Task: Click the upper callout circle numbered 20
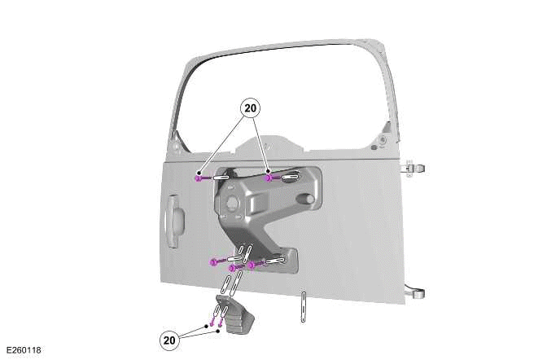coord(250,108)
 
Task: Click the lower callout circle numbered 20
coord(169,340)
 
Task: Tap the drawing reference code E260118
coord(24,350)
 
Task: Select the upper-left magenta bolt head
coord(198,178)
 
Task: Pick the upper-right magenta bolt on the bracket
coord(269,178)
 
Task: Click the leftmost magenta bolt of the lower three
coord(214,262)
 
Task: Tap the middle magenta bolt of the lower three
coord(232,268)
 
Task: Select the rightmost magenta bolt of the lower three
coord(252,266)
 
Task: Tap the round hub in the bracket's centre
coord(232,204)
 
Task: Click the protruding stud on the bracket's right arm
coord(305,199)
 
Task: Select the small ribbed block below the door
coord(235,315)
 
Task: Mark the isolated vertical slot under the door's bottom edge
coord(304,306)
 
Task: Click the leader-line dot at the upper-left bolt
coord(199,173)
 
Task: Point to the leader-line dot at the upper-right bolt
coord(268,171)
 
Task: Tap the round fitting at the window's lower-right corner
coord(383,140)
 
